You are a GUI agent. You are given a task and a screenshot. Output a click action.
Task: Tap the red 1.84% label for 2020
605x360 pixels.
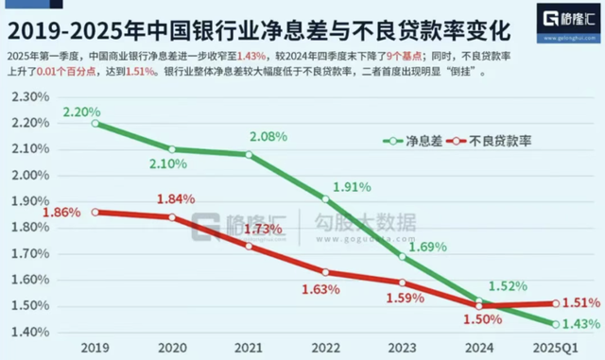(x=175, y=199)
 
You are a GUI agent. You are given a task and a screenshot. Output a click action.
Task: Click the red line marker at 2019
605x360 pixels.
(x=96, y=213)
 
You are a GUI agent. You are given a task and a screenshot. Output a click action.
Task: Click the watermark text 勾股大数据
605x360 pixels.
(x=365, y=224)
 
